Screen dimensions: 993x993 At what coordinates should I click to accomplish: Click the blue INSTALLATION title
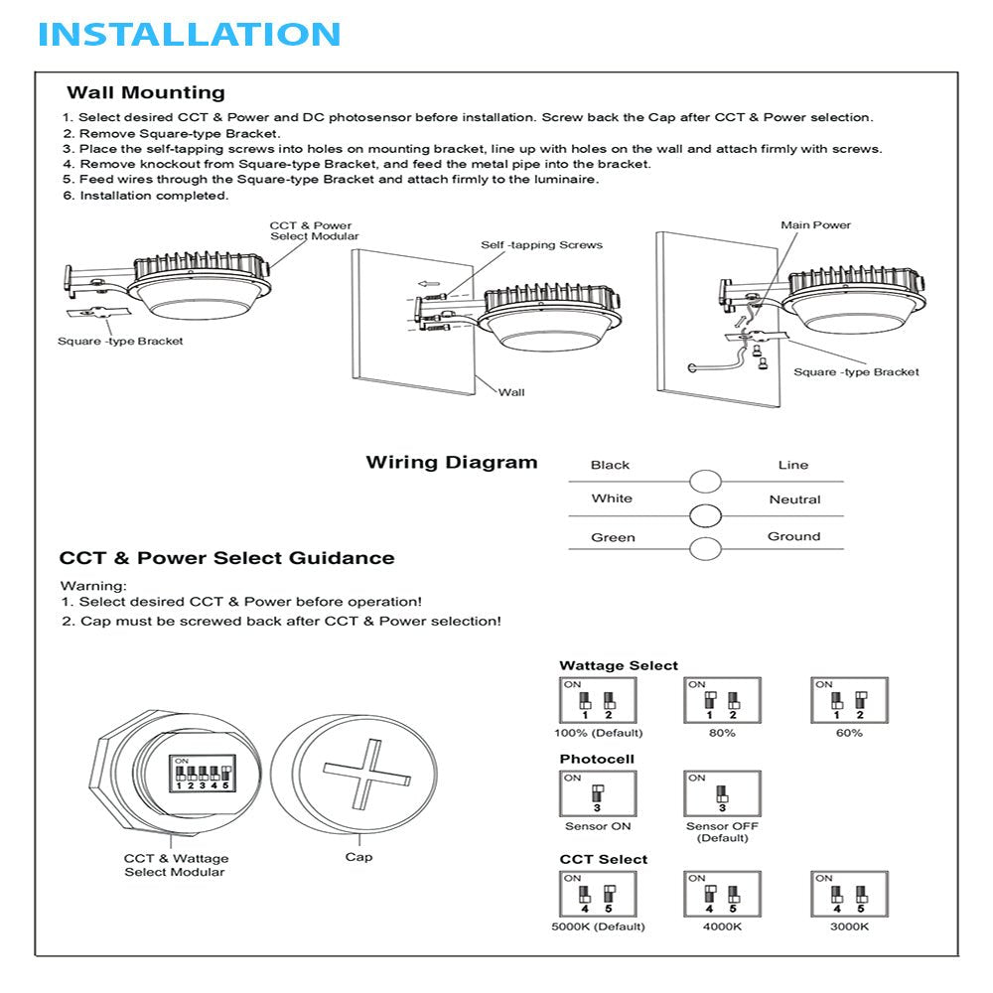tap(190, 34)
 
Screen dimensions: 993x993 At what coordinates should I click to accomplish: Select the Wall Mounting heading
tap(146, 93)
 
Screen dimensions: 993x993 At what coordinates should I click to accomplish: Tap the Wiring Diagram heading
tap(452, 463)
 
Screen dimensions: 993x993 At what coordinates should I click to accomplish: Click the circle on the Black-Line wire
tap(705, 482)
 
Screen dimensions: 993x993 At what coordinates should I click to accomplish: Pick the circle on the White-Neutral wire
tap(705, 516)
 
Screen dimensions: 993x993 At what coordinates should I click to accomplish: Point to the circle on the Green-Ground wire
tap(705, 549)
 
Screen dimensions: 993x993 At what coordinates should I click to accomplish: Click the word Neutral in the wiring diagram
tap(794, 499)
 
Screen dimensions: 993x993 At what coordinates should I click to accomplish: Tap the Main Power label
tap(815, 225)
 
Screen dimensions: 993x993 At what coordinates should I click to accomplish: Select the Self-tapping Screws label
tap(541, 245)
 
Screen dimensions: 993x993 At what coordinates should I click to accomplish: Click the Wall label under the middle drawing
tap(511, 392)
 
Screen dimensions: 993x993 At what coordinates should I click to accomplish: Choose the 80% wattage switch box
tap(722, 700)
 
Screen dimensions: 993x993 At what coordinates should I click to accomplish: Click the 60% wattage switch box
tap(849, 700)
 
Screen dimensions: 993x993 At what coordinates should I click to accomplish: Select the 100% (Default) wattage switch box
tap(597, 700)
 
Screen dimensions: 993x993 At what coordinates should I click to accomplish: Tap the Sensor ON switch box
tap(597, 794)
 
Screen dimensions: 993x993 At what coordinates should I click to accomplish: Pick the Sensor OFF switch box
tap(722, 794)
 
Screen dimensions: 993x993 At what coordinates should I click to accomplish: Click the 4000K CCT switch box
tap(722, 894)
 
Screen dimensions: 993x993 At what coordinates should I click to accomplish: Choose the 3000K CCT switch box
tap(849, 894)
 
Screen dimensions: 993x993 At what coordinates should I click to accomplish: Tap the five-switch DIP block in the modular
tap(204, 775)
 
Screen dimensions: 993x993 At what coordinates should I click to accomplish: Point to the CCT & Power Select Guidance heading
tap(226, 558)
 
